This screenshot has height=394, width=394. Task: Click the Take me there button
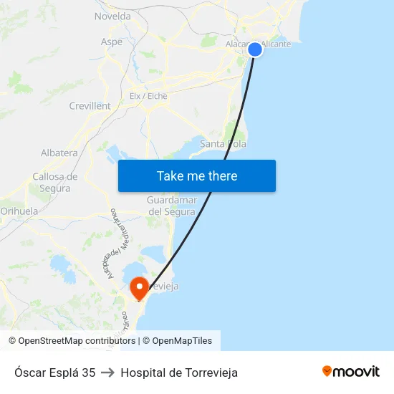click(x=197, y=176)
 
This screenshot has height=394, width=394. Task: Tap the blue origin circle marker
click(x=255, y=49)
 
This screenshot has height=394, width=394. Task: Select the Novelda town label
click(x=112, y=16)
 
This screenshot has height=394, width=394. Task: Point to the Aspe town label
click(x=112, y=42)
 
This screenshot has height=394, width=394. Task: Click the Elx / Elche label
click(x=148, y=96)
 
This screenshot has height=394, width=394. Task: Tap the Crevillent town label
click(x=90, y=106)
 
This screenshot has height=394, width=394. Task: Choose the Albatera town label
click(x=59, y=153)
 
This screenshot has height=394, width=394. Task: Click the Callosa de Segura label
click(x=55, y=182)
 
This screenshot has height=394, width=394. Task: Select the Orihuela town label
click(x=19, y=211)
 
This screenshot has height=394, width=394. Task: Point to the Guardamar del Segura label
click(x=171, y=206)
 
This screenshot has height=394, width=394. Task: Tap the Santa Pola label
click(x=223, y=144)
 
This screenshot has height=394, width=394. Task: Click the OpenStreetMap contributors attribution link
click(x=77, y=341)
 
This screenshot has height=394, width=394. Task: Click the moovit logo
click(x=350, y=372)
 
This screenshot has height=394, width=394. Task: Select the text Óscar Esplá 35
click(x=54, y=373)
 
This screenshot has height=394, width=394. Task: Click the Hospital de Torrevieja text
click(x=179, y=373)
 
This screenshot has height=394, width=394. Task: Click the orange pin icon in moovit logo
click(x=327, y=371)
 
